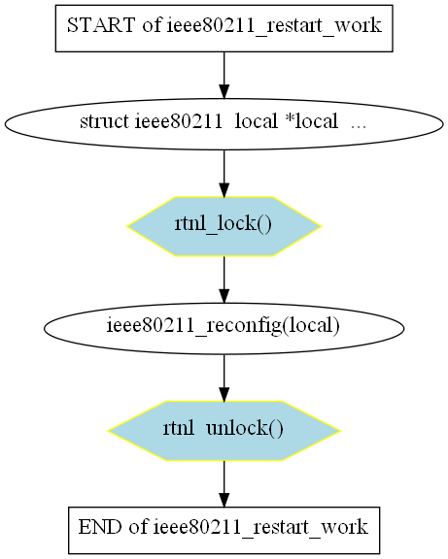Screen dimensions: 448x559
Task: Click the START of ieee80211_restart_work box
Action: pos(224,28)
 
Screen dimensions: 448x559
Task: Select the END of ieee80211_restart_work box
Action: pos(224,530)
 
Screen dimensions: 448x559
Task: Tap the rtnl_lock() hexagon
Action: pos(224,226)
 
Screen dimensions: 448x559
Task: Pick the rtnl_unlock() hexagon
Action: pos(224,431)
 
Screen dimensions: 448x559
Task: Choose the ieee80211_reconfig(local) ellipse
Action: pos(224,328)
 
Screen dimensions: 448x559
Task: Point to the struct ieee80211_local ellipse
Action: pos(224,123)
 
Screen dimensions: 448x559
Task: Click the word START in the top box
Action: pos(101,25)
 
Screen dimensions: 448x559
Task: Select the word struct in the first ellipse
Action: pos(104,121)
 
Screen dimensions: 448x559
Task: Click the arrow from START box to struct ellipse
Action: pos(224,76)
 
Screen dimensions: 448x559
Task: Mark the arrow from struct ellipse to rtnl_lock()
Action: pos(224,173)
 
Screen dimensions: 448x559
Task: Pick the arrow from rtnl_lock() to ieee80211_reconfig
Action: pos(224,279)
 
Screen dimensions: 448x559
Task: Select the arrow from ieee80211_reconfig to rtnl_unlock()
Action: pos(224,378)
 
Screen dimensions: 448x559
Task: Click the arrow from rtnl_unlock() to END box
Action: pos(224,483)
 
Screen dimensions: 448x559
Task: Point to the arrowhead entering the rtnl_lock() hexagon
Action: pos(224,190)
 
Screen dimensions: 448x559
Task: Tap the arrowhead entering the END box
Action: pos(224,500)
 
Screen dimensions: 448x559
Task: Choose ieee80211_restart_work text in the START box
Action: pos(274,26)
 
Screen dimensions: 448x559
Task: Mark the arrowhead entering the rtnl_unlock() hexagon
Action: pos(224,395)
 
